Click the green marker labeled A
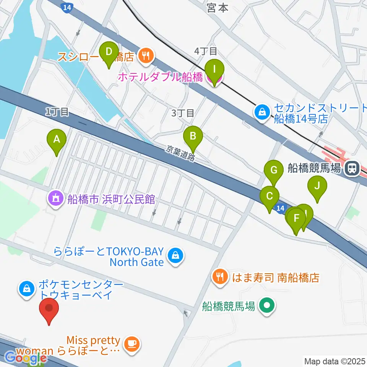point(57,140)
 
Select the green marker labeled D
point(109,52)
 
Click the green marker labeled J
point(317,187)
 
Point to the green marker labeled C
point(270,197)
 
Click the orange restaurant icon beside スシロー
point(145,57)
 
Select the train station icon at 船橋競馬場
point(350,169)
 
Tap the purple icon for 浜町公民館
point(56,199)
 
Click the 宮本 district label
point(217,8)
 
